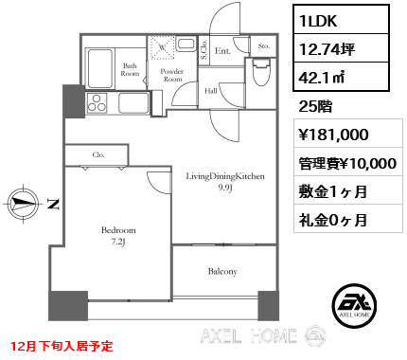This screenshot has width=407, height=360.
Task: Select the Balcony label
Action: (222, 271)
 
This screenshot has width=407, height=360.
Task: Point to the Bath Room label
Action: (130, 70)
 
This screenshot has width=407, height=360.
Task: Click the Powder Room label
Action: (172, 75)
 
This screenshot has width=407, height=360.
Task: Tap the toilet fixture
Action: (261, 72)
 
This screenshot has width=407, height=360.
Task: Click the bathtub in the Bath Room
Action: (100, 68)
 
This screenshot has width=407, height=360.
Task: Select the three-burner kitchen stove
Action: (97, 103)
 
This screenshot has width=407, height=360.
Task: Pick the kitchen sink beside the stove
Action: (133, 103)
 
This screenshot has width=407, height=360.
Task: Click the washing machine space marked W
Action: (162, 47)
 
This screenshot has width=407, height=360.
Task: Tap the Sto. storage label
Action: (264, 46)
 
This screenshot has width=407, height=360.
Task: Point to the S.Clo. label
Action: (203, 49)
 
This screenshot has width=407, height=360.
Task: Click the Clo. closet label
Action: (98, 154)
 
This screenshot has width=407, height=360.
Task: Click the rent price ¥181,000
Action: (334, 135)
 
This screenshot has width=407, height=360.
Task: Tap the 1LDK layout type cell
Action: (341, 21)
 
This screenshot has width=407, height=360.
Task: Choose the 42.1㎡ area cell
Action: (341, 77)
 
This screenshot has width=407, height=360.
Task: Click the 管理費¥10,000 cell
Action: (348, 163)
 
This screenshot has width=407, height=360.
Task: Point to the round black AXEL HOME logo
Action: (354, 305)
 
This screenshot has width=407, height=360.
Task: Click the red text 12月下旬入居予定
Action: (62, 346)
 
